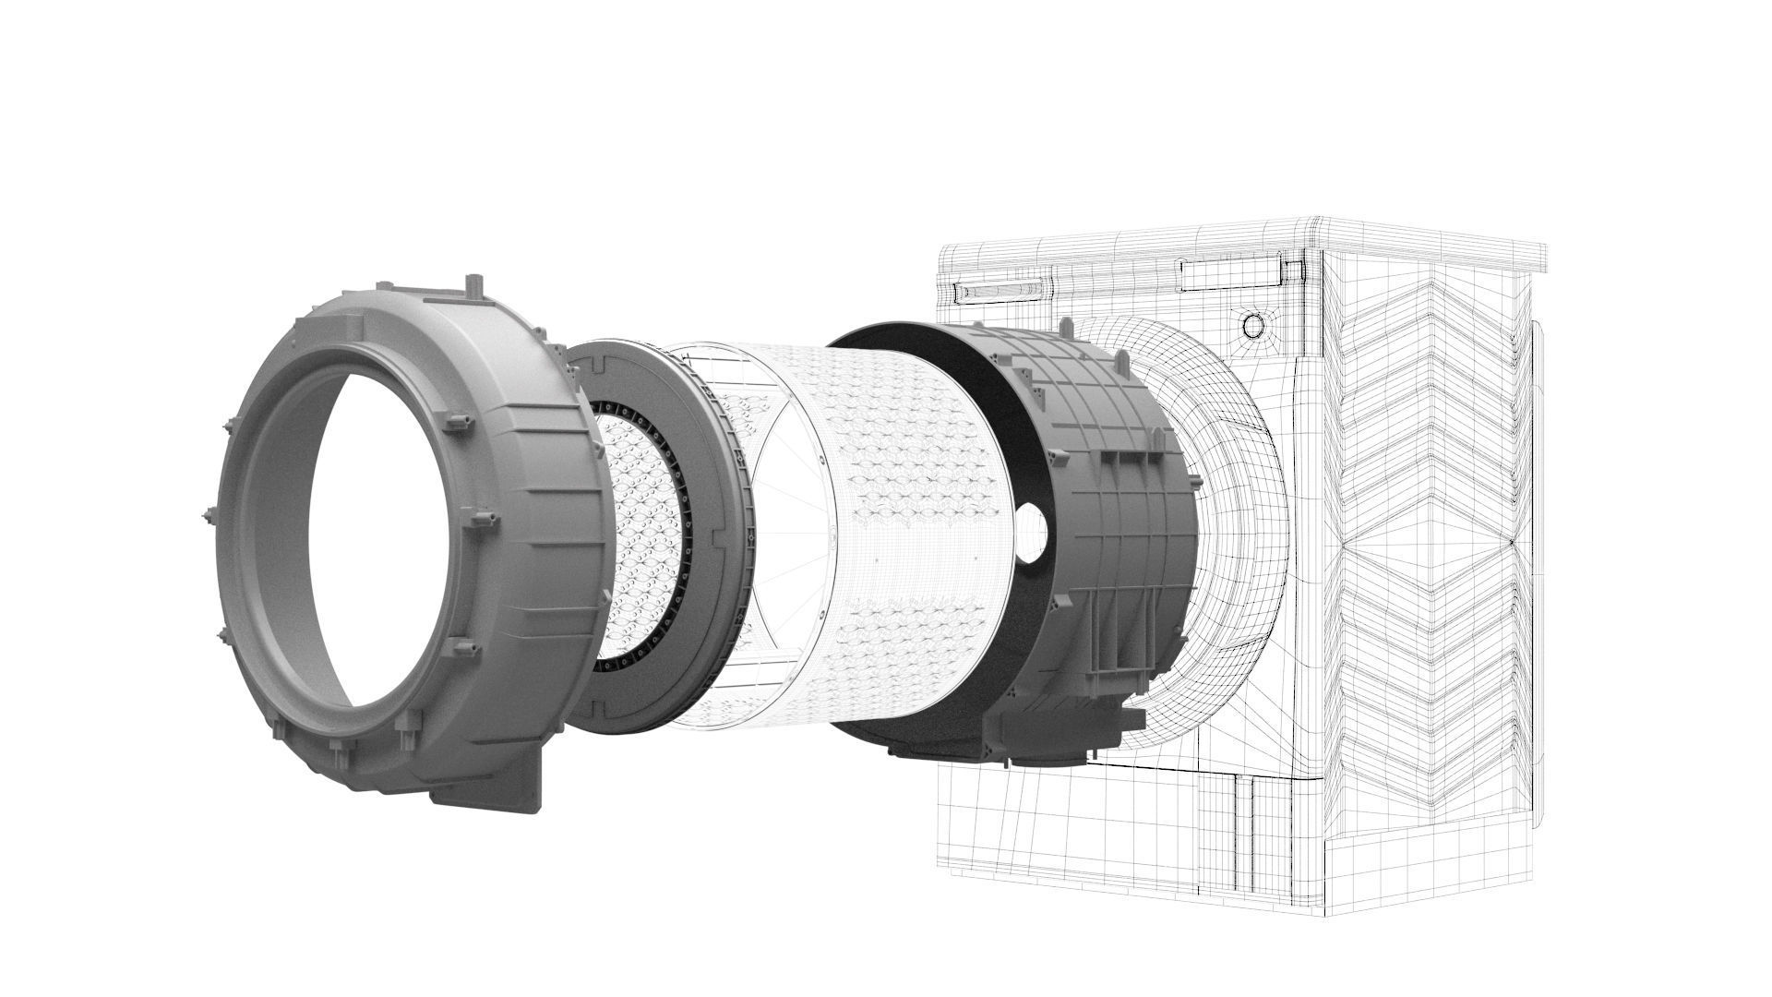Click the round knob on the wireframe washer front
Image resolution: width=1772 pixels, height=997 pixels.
(x=1253, y=326)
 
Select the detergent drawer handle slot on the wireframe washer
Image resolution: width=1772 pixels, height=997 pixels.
(x=1002, y=293)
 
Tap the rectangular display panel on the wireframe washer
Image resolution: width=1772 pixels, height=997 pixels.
(x=1228, y=271)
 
